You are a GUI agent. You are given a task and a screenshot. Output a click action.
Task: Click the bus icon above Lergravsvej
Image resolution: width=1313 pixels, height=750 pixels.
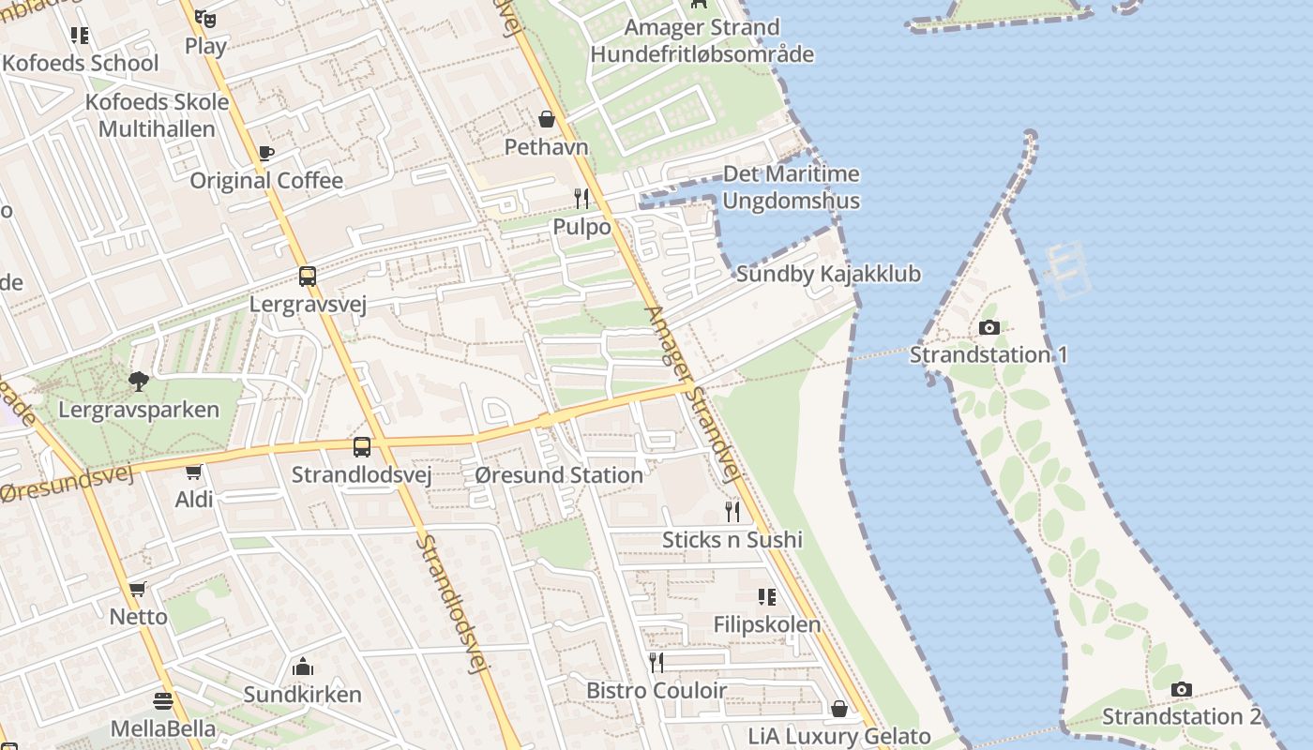(x=308, y=277)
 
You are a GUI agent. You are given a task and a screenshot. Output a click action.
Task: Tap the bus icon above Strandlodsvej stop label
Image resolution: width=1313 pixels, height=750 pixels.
(x=362, y=447)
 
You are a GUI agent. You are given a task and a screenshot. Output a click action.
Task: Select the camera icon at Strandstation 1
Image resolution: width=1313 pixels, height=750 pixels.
(x=989, y=327)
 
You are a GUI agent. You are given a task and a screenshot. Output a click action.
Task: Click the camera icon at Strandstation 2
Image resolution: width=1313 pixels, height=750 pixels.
(x=1182, y=690)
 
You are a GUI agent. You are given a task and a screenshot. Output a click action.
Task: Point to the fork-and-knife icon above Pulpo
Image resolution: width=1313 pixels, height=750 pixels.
(x=581, y=198)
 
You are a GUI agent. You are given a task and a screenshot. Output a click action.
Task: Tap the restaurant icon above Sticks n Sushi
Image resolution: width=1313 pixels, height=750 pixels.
(x=732, y=511)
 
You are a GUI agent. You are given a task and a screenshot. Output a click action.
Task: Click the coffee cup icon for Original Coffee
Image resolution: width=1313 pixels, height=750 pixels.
(x=266, y=153)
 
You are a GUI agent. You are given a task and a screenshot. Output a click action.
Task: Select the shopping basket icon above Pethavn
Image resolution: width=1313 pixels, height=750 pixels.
(x=547, y=119)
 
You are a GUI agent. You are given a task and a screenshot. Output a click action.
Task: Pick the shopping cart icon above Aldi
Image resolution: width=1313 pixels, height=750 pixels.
(x=194, y=472)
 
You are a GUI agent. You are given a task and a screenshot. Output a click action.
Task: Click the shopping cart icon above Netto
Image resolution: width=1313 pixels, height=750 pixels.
(x=138, y=589)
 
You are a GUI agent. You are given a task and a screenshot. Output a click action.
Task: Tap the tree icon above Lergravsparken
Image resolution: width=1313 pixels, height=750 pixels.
(x=139, y=381)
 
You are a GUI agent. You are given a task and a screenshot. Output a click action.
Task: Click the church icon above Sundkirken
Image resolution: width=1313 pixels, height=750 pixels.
(x=302, y=667)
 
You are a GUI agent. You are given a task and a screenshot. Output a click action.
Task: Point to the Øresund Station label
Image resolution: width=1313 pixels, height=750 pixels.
(x=559, y=475)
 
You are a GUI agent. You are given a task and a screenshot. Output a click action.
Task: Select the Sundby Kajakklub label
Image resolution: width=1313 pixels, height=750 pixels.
(x=828, y=274)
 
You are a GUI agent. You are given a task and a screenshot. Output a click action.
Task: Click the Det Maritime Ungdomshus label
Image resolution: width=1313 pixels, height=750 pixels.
(x=791, y=187)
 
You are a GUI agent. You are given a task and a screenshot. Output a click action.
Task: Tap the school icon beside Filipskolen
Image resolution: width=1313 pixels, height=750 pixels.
(x=766, y=596)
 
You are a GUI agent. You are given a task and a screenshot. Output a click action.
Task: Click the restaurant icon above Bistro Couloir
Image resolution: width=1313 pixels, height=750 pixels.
(x=656, y=663)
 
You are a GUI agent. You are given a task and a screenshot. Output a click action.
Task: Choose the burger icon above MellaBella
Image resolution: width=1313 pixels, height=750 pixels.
(x=163, y=701)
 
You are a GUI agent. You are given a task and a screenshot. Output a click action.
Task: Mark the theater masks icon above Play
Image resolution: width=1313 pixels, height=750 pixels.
(x=205, y=18)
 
